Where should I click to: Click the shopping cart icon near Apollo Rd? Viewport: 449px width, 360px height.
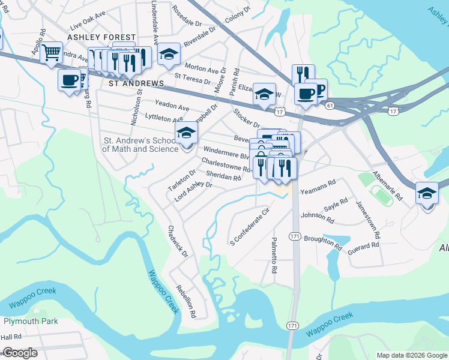coord(53,52)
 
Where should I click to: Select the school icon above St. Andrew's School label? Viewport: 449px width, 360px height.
coord(186,134)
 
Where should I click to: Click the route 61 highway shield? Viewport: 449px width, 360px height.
coord(330,106)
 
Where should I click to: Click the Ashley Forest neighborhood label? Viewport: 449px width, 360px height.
coord(93,37)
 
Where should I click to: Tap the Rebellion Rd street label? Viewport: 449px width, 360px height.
coord(185,300)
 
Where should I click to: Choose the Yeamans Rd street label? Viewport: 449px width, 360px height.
coord(318,188)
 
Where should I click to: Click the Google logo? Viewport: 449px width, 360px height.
coord(20,353)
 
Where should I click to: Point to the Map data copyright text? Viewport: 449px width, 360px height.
coord(411,355)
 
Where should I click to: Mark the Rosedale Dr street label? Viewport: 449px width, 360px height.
coord(187,16)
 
